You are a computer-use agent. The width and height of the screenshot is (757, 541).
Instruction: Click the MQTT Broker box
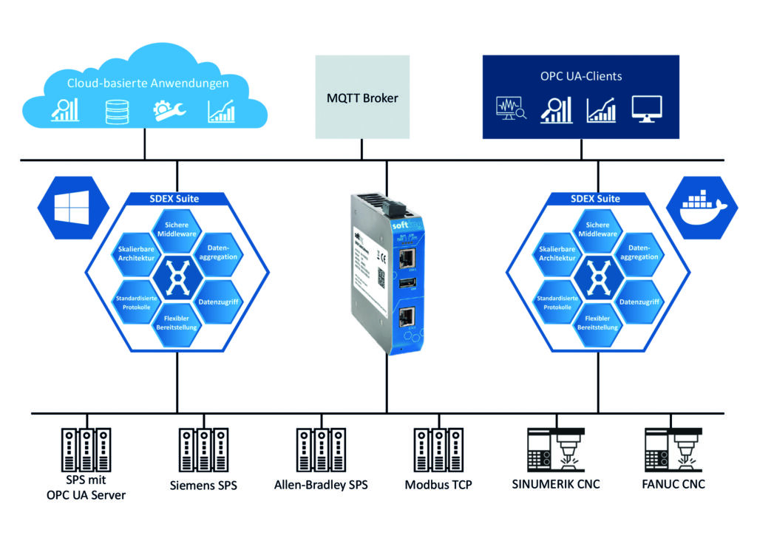pos(362,97)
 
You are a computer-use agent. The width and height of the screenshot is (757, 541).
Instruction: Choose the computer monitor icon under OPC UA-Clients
pos(647,109)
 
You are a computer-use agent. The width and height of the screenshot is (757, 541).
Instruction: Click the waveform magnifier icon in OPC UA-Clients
pos(510,109)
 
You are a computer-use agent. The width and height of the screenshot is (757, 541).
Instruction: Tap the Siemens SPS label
pos(198,485)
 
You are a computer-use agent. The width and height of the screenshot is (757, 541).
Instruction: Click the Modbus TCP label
pos(438,485)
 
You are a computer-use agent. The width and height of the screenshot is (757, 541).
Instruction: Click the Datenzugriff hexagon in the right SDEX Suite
pos(639,301)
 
